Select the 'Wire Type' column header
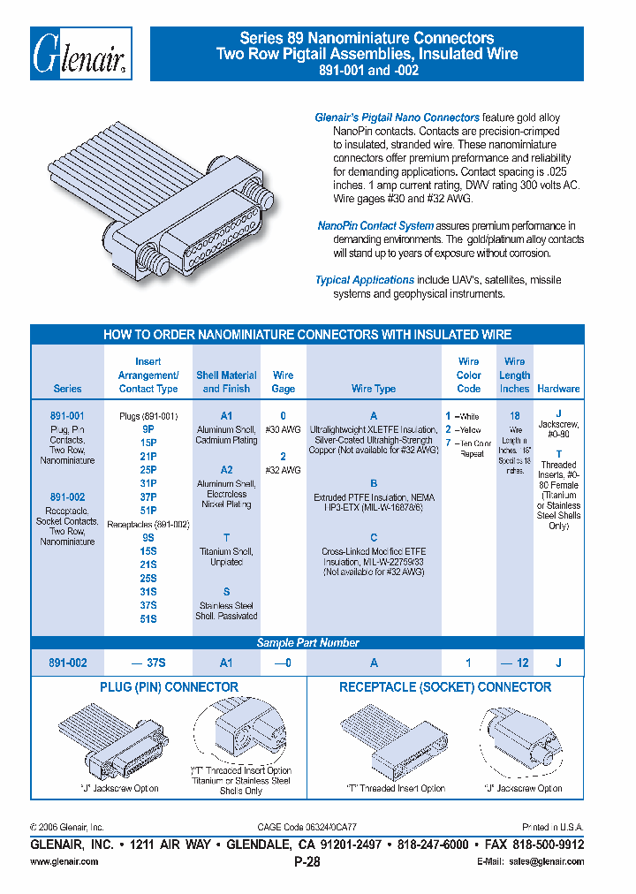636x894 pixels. (x=374, y=389)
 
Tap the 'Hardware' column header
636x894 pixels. (x=558, y=389)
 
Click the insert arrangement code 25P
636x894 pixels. (x=148, y=470)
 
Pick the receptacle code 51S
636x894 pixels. (x=148, y=619)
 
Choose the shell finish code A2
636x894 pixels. (x=227, y=470)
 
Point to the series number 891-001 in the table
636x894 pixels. (x=67, y=415)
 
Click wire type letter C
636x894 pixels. (x=374, y=537)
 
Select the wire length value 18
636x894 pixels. (x=514, y=415)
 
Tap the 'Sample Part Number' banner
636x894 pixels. (x=307, y=643)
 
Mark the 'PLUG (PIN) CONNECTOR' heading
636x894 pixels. (x=169, y=687)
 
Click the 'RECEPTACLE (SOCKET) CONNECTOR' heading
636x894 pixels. (x=445, y=687)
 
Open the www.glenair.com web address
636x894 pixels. (x=64, y=861)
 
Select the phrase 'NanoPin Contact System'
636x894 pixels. (x=375, y=226)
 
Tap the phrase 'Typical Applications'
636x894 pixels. (x=365, y=280)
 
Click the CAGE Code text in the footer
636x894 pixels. (x=307, y=828)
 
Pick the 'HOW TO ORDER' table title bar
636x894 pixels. (x=307, y=335)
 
